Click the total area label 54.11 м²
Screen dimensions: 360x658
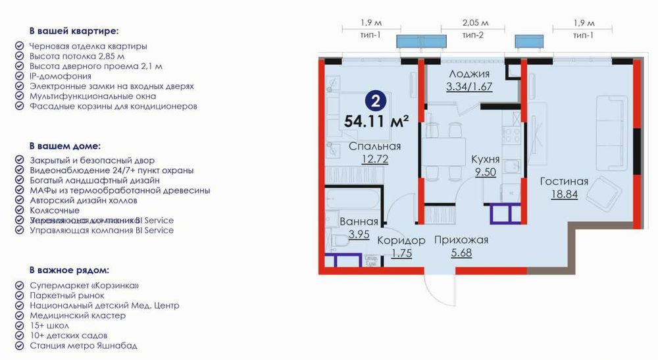[x=376, y=121]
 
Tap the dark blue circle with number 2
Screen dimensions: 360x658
[x=375, y=101]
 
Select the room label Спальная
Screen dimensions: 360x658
[x=375, y=146]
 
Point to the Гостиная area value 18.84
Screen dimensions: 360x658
[x=564, y=193]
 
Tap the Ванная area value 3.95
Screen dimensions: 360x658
[x=359, y=234]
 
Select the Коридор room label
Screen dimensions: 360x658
[x=401, y=240]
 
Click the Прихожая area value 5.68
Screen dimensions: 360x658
[x=461, y=252]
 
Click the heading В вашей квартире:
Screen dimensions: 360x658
[x=74, y=30]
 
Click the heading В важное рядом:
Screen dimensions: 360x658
[x=68, y=270]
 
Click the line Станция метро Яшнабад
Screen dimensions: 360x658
[x=84, y=346]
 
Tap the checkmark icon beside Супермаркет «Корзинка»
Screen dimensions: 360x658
[x=18, y=286]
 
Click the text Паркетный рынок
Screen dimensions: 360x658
[x=67, y=296]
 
